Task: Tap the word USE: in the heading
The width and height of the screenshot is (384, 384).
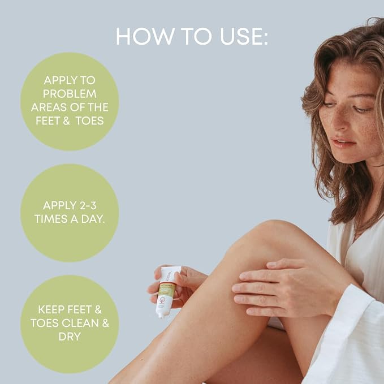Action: click(x=244, y=36)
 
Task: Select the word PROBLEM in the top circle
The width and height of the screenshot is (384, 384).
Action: click(x=70, y=94)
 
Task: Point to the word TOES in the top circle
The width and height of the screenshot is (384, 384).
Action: click(x=89, y=120)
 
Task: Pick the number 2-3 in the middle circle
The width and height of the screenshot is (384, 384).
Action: click(x=85, y=205)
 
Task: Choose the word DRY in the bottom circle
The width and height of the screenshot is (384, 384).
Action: click(x=70, y=336)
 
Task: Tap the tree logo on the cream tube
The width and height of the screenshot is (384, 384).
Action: click(x=162, y=299)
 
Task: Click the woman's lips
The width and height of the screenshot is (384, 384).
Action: click(x=342, y=143)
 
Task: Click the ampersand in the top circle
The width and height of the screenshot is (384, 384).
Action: click(x=66, y=120)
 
